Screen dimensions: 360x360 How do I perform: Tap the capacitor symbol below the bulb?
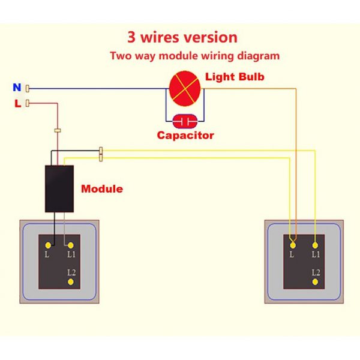pyautogui.click(x=185, y=121)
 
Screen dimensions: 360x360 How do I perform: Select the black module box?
pyautogui.click(x=59, y=188)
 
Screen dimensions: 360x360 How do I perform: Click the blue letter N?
pyautogui.click(x=17, y=88)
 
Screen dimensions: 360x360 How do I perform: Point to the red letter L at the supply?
pyautogui.click(x=17, y=103)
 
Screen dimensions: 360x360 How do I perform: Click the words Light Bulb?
pyautogui.click(x=235, y=77)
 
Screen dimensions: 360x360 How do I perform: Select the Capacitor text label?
pyautogui.click(x=185, y=135)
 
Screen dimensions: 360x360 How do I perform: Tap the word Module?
pyautogui.click(x=102, y=188)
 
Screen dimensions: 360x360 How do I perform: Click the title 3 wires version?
pyautogui.click(x=182, y=37)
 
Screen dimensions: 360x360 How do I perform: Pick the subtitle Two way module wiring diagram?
pyautogui.click(x=194, y=56)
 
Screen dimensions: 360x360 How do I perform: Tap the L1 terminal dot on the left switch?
pyautogui.click(x=71, y=245)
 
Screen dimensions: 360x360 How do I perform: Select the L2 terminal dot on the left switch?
pyautogui.click(x=71, y=281)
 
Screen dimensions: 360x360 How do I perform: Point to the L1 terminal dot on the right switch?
pyautogui.click(x=315, y=245)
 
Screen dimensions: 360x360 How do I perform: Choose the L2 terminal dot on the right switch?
pyautogui.click(x=315, y=281)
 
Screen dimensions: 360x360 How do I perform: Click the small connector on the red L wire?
pyautogui.click(x=58, y=130)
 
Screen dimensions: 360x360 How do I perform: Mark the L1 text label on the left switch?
pyautogui.click(x=71, y=255)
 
